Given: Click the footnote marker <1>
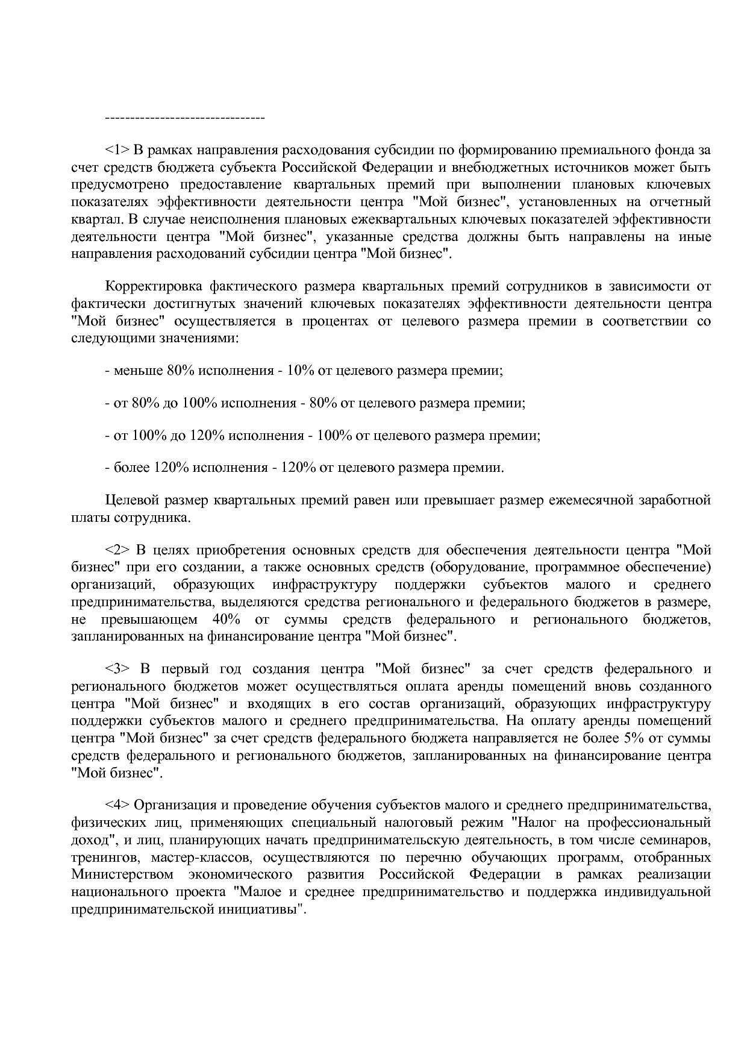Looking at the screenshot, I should tap(117, 149).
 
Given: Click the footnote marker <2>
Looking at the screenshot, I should tap(117, 550).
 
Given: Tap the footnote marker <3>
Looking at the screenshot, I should tap(117, 669).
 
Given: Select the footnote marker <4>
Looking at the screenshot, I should tap(117, 805).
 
